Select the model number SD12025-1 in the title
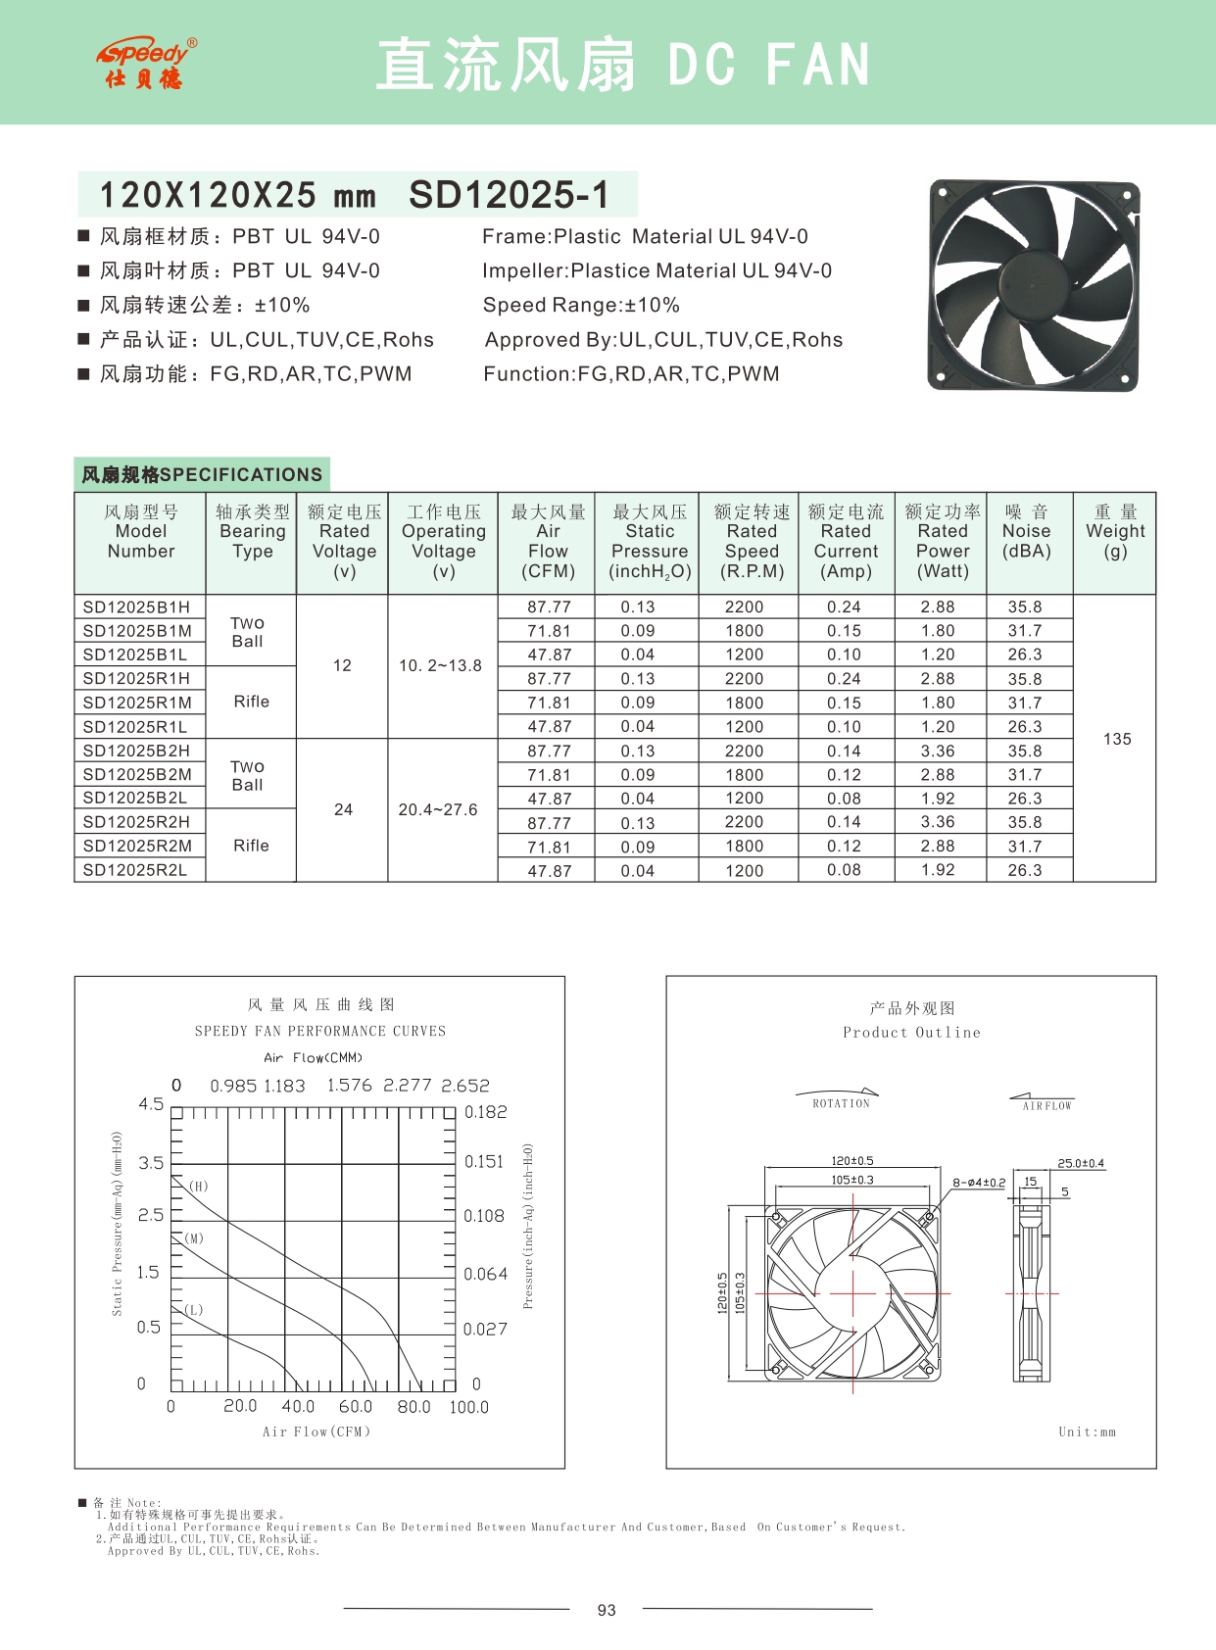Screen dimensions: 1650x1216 click(509, 195)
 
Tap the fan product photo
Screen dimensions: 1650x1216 click(1034, 285)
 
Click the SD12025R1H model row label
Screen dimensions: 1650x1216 click(137, 678)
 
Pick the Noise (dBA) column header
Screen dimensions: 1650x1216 click(1026, 531)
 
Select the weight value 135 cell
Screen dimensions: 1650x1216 click(1117, 739)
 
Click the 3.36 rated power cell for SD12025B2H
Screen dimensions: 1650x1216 click(938, 751)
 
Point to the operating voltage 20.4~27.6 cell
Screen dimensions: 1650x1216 click(438, 809)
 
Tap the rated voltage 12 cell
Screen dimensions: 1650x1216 click(342, 665)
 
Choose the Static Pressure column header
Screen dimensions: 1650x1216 click(650, 541)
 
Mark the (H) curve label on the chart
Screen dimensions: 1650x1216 click(199, 1186)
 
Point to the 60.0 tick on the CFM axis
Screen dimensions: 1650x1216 click(356, 1406)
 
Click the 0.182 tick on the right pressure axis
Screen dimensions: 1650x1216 click(486, 1112)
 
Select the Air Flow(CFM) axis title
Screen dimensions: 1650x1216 click(316, 1432)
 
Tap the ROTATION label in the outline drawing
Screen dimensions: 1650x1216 click(841, 1103)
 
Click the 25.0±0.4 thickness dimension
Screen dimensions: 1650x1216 click(1081, 1163)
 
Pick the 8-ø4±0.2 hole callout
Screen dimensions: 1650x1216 click(979, 1183)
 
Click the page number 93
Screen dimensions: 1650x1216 click(607, 1610)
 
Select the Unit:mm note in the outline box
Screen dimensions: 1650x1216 click(1087, 1432)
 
